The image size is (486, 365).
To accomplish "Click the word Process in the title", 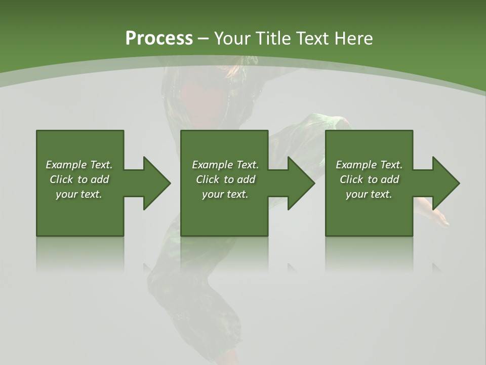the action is click(159, 39).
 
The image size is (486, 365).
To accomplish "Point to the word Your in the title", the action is click(233, 39).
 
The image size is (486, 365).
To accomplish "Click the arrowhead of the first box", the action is click(156, 183).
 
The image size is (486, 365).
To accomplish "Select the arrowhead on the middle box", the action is click(301, 183).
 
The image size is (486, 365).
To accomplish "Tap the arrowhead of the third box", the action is click(445, 183).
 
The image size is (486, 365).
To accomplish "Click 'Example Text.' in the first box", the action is click(79, 165).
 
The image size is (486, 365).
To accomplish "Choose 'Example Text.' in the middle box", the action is click(225, 165).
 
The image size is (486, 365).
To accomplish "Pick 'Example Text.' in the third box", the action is click(369, 165).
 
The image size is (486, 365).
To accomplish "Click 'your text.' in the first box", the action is click(79, 194).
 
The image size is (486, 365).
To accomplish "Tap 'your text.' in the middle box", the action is click(225, 194).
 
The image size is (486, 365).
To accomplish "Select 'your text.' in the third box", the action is click(369, 194).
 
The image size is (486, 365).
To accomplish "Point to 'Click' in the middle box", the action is click(208, 179).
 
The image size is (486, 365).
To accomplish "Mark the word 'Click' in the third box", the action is click(351, 179).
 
